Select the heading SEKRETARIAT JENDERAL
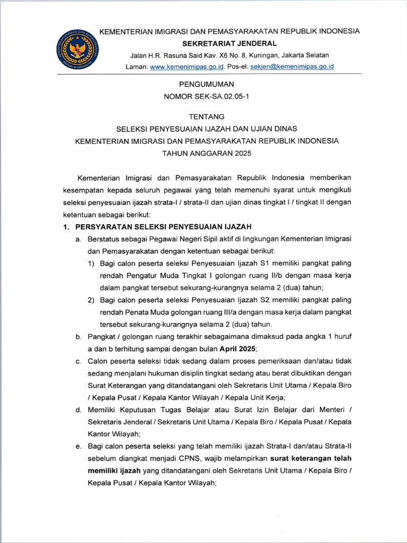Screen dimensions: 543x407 tap(229, 43)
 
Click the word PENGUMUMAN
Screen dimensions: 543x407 tap(207, 84)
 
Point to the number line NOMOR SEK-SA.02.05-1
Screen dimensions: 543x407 tap(207, 96)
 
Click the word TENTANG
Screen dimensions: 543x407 tap(207, 116)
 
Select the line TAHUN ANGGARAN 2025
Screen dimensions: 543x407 tap(207, 153)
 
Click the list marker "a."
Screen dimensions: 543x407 tap(78, 239)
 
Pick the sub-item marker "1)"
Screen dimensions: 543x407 tap(92, 264)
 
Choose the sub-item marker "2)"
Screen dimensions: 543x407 tap(92, 300)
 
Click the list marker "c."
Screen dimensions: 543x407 tap(78, 361)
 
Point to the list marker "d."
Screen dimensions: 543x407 tap(78, 410)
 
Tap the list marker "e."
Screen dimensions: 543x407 tap(78, 446)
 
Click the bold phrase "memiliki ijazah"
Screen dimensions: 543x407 tap(115, 470)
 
